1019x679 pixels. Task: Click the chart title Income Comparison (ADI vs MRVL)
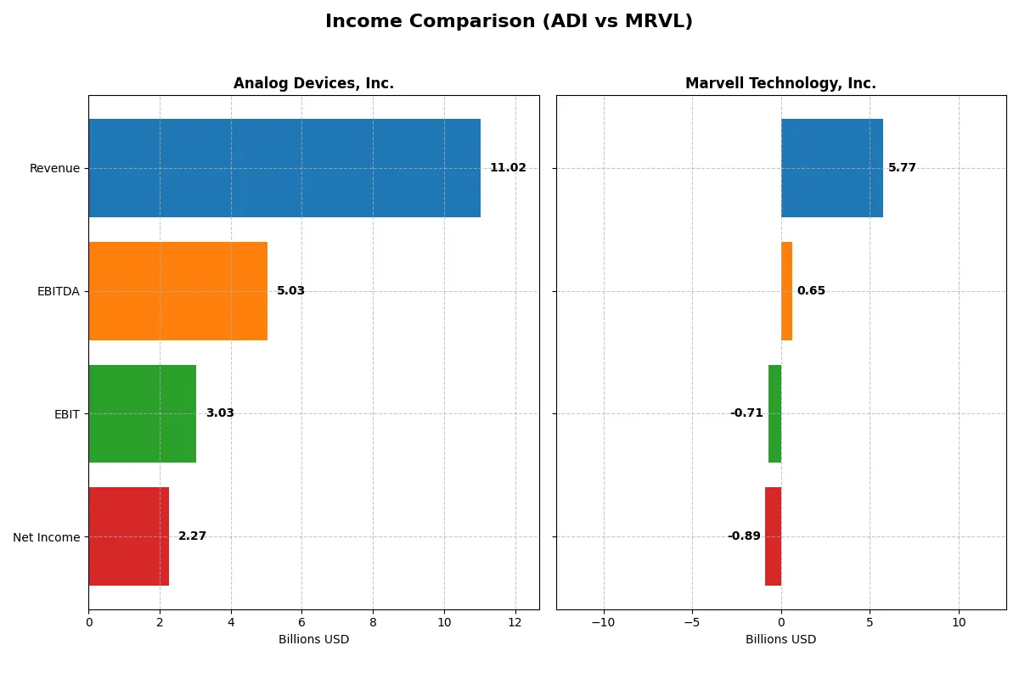click(x=509, y=22)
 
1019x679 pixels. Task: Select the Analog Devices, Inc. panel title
click(x=313, y=83)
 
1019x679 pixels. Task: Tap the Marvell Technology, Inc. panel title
click(x=780, y=83)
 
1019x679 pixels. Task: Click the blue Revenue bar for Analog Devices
click(x=284, y=168)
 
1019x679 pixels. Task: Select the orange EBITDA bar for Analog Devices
click(x=177, y=291)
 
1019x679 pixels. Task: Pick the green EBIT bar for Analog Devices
click(x=142, y=413)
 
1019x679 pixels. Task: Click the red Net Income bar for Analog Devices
click(x=128, y=536)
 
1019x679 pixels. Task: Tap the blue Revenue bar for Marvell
click(x=832, y=168)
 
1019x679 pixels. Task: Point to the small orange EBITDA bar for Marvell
click(x=786, y=291)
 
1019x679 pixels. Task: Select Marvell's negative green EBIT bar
click(x=774, y=413)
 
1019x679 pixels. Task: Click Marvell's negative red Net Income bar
click(x=773, y=536)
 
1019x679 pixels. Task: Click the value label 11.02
click(x=508, y=168)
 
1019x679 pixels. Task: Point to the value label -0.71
click(x=746, y=413)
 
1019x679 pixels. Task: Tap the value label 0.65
click(x=811, y=291)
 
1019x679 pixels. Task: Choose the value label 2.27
click(x=192, y=536)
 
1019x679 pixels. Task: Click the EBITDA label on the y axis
click(x=58, y=291)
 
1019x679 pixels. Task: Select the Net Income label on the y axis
click(x=47, y=536)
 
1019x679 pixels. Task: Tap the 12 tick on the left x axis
click(x=515, y=622)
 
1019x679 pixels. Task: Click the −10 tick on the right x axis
click(x=603, y=622)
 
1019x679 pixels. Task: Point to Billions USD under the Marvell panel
click(x=780, y=639)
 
